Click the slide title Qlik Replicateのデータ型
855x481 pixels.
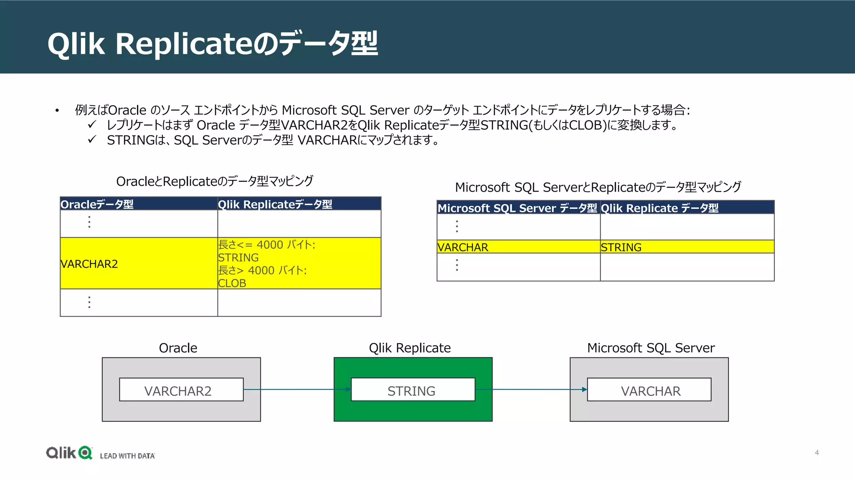212,43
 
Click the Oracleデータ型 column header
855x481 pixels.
97,204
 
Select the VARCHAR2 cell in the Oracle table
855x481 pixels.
89,264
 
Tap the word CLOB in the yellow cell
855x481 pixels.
232,283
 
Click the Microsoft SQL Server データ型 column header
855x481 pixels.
517,208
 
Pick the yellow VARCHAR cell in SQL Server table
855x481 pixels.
463,247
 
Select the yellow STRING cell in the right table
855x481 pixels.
621,247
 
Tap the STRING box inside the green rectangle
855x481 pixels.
412,390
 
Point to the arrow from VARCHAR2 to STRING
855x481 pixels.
296,390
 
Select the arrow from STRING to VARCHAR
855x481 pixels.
530,390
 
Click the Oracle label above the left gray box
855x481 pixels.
178,348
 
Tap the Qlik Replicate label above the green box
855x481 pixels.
410,348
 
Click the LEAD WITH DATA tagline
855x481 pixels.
127,456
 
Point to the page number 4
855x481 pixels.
817,453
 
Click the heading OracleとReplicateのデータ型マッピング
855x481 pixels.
215,181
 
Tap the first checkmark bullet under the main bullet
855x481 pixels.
92,124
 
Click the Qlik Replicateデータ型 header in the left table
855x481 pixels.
275,204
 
